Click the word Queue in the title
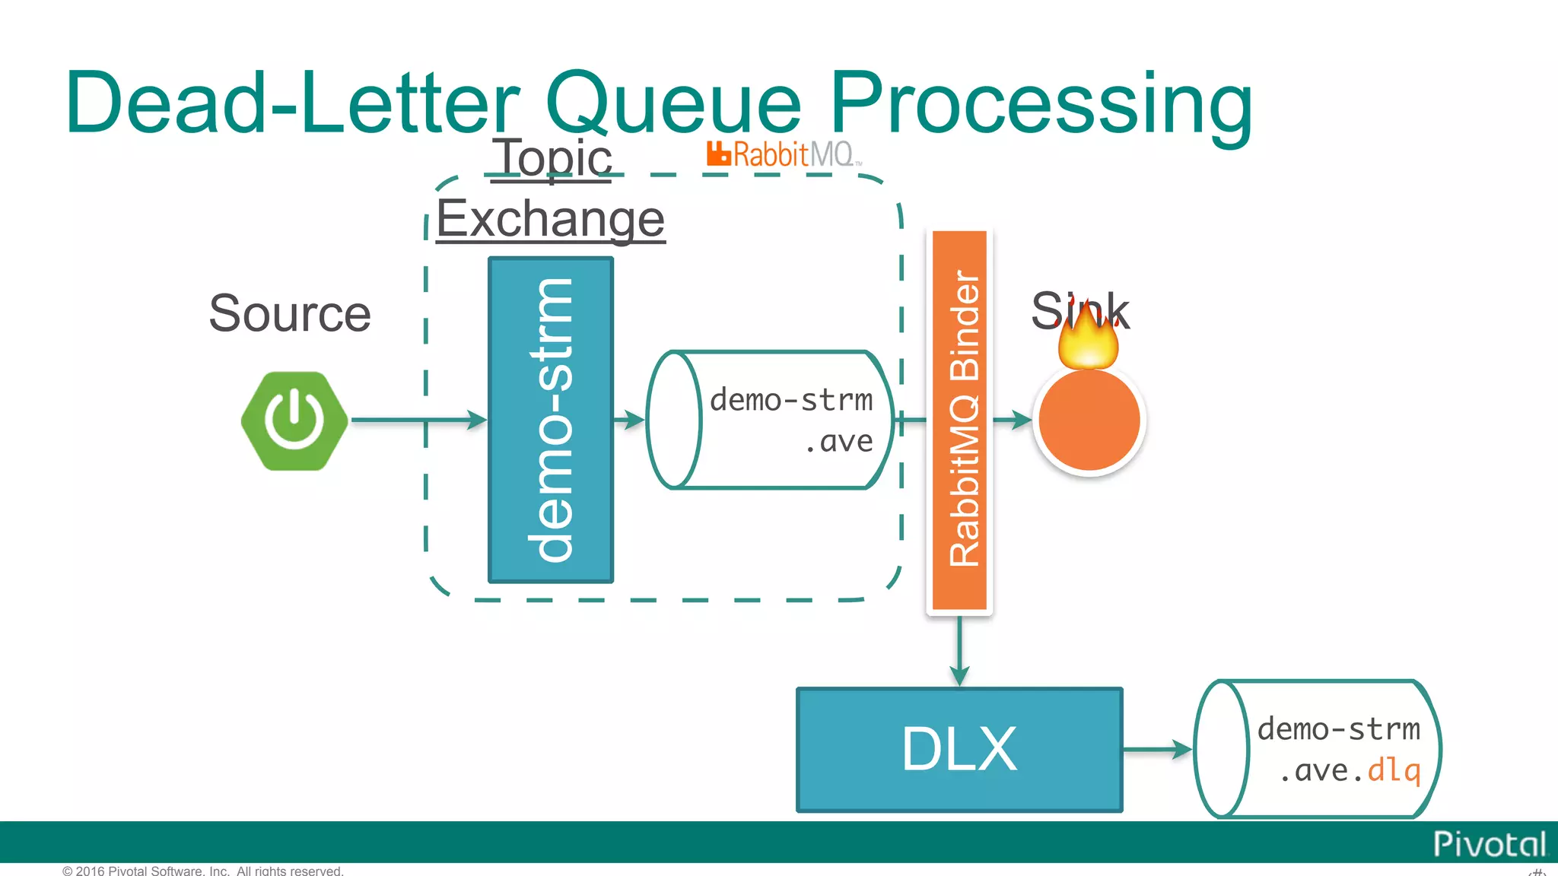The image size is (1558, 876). click(673, 103)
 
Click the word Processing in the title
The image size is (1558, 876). click(1040, 103)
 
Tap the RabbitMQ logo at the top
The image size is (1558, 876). click(784, 154)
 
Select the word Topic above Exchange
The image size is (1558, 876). click(552, 158)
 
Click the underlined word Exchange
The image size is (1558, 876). click(550, 219)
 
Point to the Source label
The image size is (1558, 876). click(290, 313)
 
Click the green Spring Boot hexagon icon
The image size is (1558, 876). click(294, 421)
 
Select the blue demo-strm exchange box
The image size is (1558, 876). click(551, 420)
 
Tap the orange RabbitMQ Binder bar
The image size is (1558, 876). click(960, 420)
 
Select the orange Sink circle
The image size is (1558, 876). click(1089, 421)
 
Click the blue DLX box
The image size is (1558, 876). click(959, 750)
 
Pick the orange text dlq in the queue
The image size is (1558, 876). click(1394, 771)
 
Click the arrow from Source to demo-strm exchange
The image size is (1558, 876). click(418, 420)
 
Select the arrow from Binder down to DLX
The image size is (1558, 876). click(960, 650)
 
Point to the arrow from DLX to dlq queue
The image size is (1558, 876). click(1156, 750)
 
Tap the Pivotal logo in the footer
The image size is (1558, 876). click(1489, 844)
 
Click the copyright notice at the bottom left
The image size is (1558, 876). click(203, 870)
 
